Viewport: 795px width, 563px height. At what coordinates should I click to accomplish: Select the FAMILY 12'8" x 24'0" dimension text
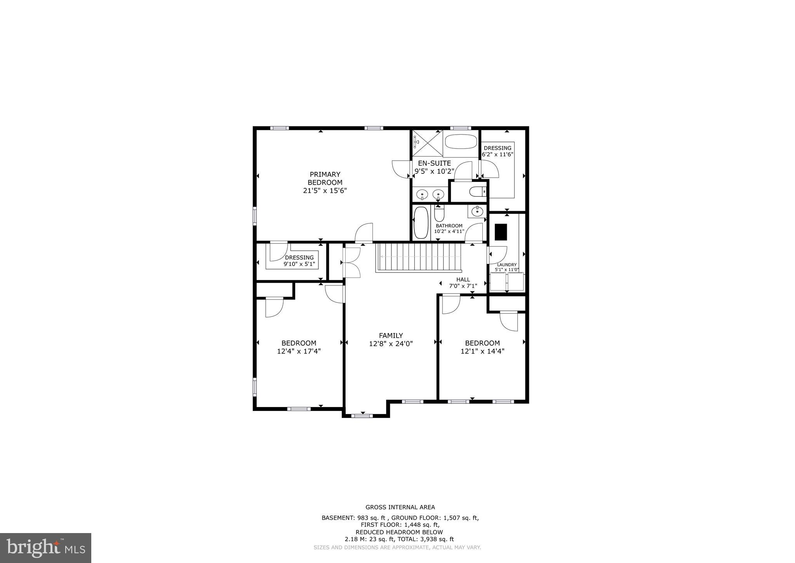tap(391, 344)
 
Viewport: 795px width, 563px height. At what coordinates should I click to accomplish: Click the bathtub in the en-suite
tap(461, 142)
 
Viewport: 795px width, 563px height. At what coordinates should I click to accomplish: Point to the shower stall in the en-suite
tap(427, 143)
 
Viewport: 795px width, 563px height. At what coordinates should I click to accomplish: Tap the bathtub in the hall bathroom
tap(421, 222)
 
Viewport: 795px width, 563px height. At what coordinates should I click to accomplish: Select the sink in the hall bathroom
tap(477, 212)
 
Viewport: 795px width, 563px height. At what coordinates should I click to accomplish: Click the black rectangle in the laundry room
tap(501, 232)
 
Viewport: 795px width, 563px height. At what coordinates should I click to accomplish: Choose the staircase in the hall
tap(419, 257)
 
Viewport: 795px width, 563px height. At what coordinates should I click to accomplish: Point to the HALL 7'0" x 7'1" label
tap(463, 283)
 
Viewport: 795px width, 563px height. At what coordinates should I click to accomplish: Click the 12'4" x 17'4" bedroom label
tap(299, 347)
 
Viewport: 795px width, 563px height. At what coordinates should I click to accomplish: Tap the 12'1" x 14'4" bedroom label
tap(482, 347)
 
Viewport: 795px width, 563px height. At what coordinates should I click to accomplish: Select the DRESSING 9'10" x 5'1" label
tap(299, 261)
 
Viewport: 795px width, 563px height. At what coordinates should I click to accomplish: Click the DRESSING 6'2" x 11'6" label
tap(498, 151)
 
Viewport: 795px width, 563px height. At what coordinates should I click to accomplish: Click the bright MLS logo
tap(45, 548)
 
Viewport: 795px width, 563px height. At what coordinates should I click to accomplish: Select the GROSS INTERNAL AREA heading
tap(400, 507)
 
